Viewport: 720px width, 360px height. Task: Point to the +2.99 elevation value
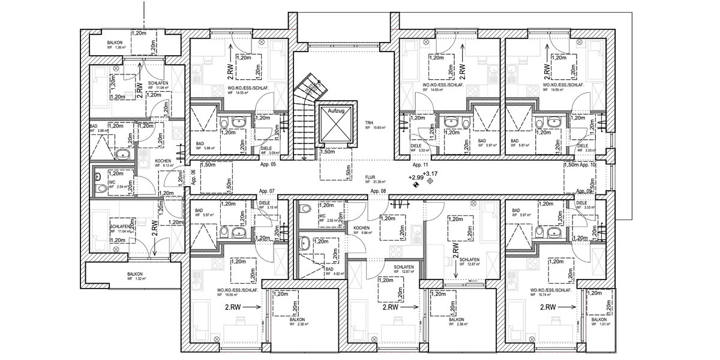[416, 178]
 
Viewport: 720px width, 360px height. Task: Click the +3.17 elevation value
[430, 174]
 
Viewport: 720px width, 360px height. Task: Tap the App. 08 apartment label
[378, 191]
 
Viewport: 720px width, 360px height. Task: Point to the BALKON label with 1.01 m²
[600, 322]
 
